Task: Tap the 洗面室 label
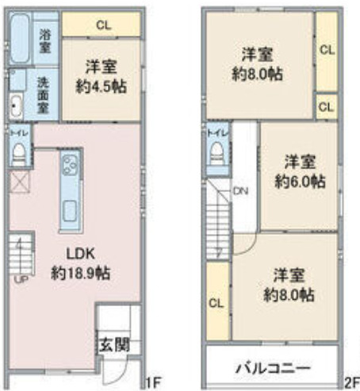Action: pyautogui.click(x=43, y=95)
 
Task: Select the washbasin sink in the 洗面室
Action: pyautogui.click(x=16, y=105)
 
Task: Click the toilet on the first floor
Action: pyautogui.click(x=19, y=155)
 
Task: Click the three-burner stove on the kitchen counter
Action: pyautogui.click(x=71, y=165)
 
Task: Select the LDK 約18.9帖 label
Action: pyautogui.click(x=81, y=263)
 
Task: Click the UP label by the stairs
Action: pyautogui.click(x=21, y=280)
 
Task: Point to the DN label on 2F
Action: pyautogui.click(x=240, y=191)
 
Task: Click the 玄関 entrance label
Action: pyautogui.click(x=114, y=344)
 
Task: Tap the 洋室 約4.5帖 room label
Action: pyautogui.click(x=101, y=77)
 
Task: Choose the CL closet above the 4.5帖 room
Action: pyautogui.click(x=101, y=25)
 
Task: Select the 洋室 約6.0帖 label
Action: pyautogui.click(x=300, y=172)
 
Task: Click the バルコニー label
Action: pyautogui.click(x=273, y=368)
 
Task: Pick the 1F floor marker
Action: pyautogui.click(x=154, y=382)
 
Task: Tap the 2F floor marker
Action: pyautogui.click(x=352, y=382)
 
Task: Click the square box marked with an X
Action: pyautogui.click(x=19, y=182)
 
